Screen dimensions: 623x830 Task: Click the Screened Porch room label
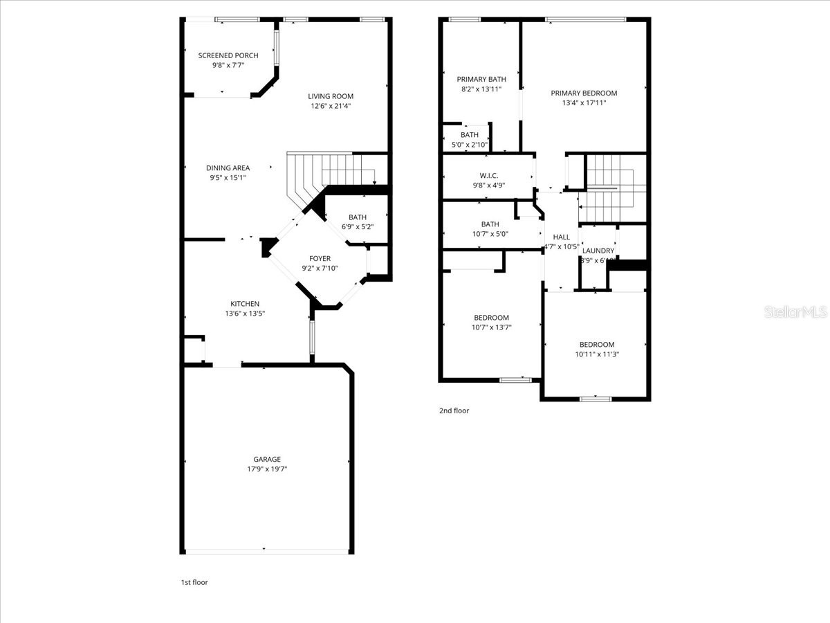coord(228,55)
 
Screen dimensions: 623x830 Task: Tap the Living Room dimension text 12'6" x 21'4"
coord(331,106)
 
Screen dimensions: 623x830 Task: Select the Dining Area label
coord(228,168)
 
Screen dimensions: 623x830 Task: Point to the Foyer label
coord(320,258)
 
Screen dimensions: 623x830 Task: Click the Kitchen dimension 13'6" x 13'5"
coord(245,314)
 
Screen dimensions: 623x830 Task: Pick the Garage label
coord(266,459)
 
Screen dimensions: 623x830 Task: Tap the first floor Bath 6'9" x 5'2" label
coord(358,217)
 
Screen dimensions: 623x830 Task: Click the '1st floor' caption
coord(194,582)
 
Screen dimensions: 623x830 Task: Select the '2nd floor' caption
coord(454,410)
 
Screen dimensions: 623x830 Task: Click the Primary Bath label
coord(481,79)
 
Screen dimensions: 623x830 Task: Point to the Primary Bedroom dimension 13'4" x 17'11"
coord(584,103)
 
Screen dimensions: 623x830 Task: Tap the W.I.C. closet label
coord(488,175)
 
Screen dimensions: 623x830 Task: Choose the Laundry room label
coord(598,251)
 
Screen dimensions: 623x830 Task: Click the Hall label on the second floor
coord(561,237)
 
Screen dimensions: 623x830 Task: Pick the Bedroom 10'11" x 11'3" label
coord(596,345)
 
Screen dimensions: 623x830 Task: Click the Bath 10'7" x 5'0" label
coord(490,224)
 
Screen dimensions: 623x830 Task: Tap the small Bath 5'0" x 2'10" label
coord(469,135)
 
